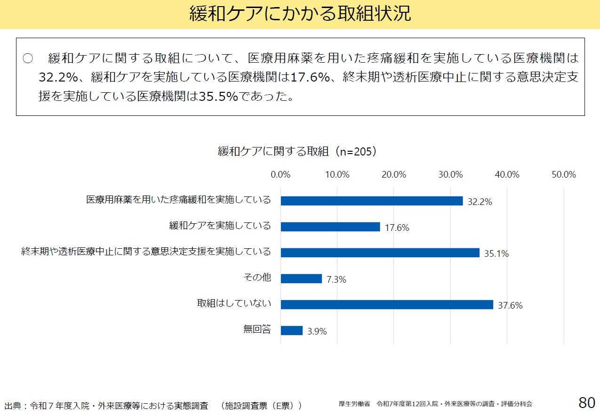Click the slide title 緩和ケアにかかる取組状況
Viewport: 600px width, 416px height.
[x=300, y=14]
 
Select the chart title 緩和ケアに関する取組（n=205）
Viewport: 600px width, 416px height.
[x=297, y=151]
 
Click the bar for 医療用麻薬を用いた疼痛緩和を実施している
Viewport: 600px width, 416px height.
[x=372, y=201]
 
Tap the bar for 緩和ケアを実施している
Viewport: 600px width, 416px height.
[x=330, y=227]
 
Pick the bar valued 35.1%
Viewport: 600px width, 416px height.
[x=380, y=253]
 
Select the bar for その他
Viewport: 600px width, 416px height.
[x=301, y=278]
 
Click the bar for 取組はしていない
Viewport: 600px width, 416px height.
[x=387, y=304]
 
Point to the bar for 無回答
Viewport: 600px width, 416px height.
[x=292, y=330]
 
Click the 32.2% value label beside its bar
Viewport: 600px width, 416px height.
[x=480, y=202]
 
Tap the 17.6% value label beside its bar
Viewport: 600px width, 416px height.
[x=397, y=228]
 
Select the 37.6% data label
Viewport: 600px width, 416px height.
[x=510, y=306]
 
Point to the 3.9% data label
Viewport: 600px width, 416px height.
[x=317, y=332]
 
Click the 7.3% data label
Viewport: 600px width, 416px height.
[x=336, y=280]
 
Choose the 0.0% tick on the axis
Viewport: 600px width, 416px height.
[x=280, y=175]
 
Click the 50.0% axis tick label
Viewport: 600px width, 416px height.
[x=564, y=175]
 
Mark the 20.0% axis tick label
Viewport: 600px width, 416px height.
[x=394, y=175]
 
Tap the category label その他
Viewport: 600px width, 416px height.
[x=257, y=277]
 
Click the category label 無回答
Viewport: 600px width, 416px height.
[x=257, y=329]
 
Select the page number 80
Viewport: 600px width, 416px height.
[x=587, y=403]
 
